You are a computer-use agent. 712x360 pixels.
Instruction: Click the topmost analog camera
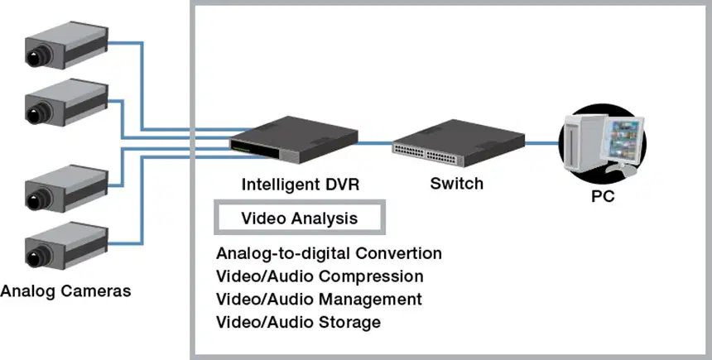(x=66, y=46)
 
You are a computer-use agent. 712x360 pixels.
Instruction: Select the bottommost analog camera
(x=66, y=245)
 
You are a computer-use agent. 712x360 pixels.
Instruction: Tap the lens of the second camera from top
(x=36, y=112)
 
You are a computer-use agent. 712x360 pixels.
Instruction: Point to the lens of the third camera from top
(x=36, y=199)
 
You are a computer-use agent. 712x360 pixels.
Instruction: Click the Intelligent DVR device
(x=293, y=139)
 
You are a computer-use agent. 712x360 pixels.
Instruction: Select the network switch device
(x=459, y=143)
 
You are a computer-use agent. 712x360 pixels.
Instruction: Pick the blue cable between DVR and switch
(x=375, y=143)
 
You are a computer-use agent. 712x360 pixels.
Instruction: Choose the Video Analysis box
(x=300, y=218)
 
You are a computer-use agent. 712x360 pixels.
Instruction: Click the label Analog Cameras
(x=66, y=290)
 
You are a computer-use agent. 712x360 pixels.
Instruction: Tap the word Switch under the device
(x=457, y=184)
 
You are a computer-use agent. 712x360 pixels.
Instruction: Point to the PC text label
(x=603, y=196)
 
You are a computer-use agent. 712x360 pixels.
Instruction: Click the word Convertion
(x=399, y=253)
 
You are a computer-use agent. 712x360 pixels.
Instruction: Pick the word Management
(x=371, y=300)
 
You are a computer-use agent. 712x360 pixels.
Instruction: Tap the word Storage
(x=349, y=322)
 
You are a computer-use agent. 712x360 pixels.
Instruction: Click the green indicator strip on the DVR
(x=241, y=147)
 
